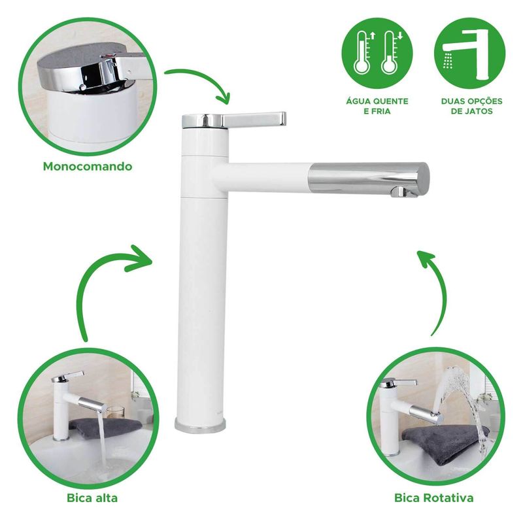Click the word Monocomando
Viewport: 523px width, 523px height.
(88, 166)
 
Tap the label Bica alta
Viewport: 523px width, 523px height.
(92, 498)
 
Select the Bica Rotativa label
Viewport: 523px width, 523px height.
(433, 498)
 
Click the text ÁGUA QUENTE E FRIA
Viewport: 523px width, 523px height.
(377, 106)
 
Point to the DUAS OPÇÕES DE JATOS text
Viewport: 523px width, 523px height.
(471, 106)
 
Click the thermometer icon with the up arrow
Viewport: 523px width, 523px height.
(365, 52)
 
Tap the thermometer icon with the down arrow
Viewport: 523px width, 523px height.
(392, 52)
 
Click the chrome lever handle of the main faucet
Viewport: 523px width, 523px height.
(254, 120)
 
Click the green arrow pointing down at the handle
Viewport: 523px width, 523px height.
(200, 77)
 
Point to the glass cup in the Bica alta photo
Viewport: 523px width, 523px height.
(116, 414)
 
